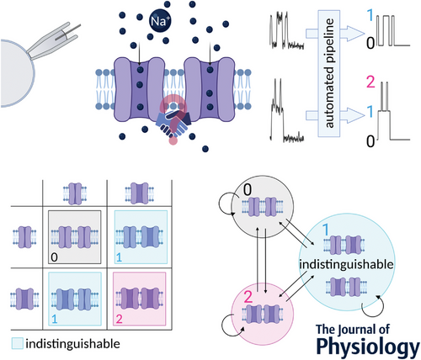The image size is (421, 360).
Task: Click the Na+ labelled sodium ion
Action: [160, 21]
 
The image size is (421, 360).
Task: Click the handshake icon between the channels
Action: [173, 123]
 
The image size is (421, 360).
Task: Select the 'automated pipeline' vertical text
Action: [329, 73]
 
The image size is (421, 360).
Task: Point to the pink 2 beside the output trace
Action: [370, 82]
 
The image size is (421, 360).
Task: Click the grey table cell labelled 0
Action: [74, 237]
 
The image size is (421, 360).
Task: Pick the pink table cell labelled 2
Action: [140, 299]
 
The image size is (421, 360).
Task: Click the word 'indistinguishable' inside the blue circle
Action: [346, 264]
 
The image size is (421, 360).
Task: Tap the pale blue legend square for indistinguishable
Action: [17, 343]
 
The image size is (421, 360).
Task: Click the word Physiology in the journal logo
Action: [368, 347]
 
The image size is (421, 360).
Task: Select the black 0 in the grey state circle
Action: [248, 190]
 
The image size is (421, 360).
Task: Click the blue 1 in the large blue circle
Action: [326, 230]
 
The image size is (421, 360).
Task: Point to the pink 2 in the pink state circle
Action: [248, 297]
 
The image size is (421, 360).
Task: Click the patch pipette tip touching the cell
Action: [29, 54]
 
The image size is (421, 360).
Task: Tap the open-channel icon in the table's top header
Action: [140, 193]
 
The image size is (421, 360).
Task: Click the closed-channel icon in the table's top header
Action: [75, 193]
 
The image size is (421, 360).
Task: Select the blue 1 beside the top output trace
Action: [370, 15]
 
